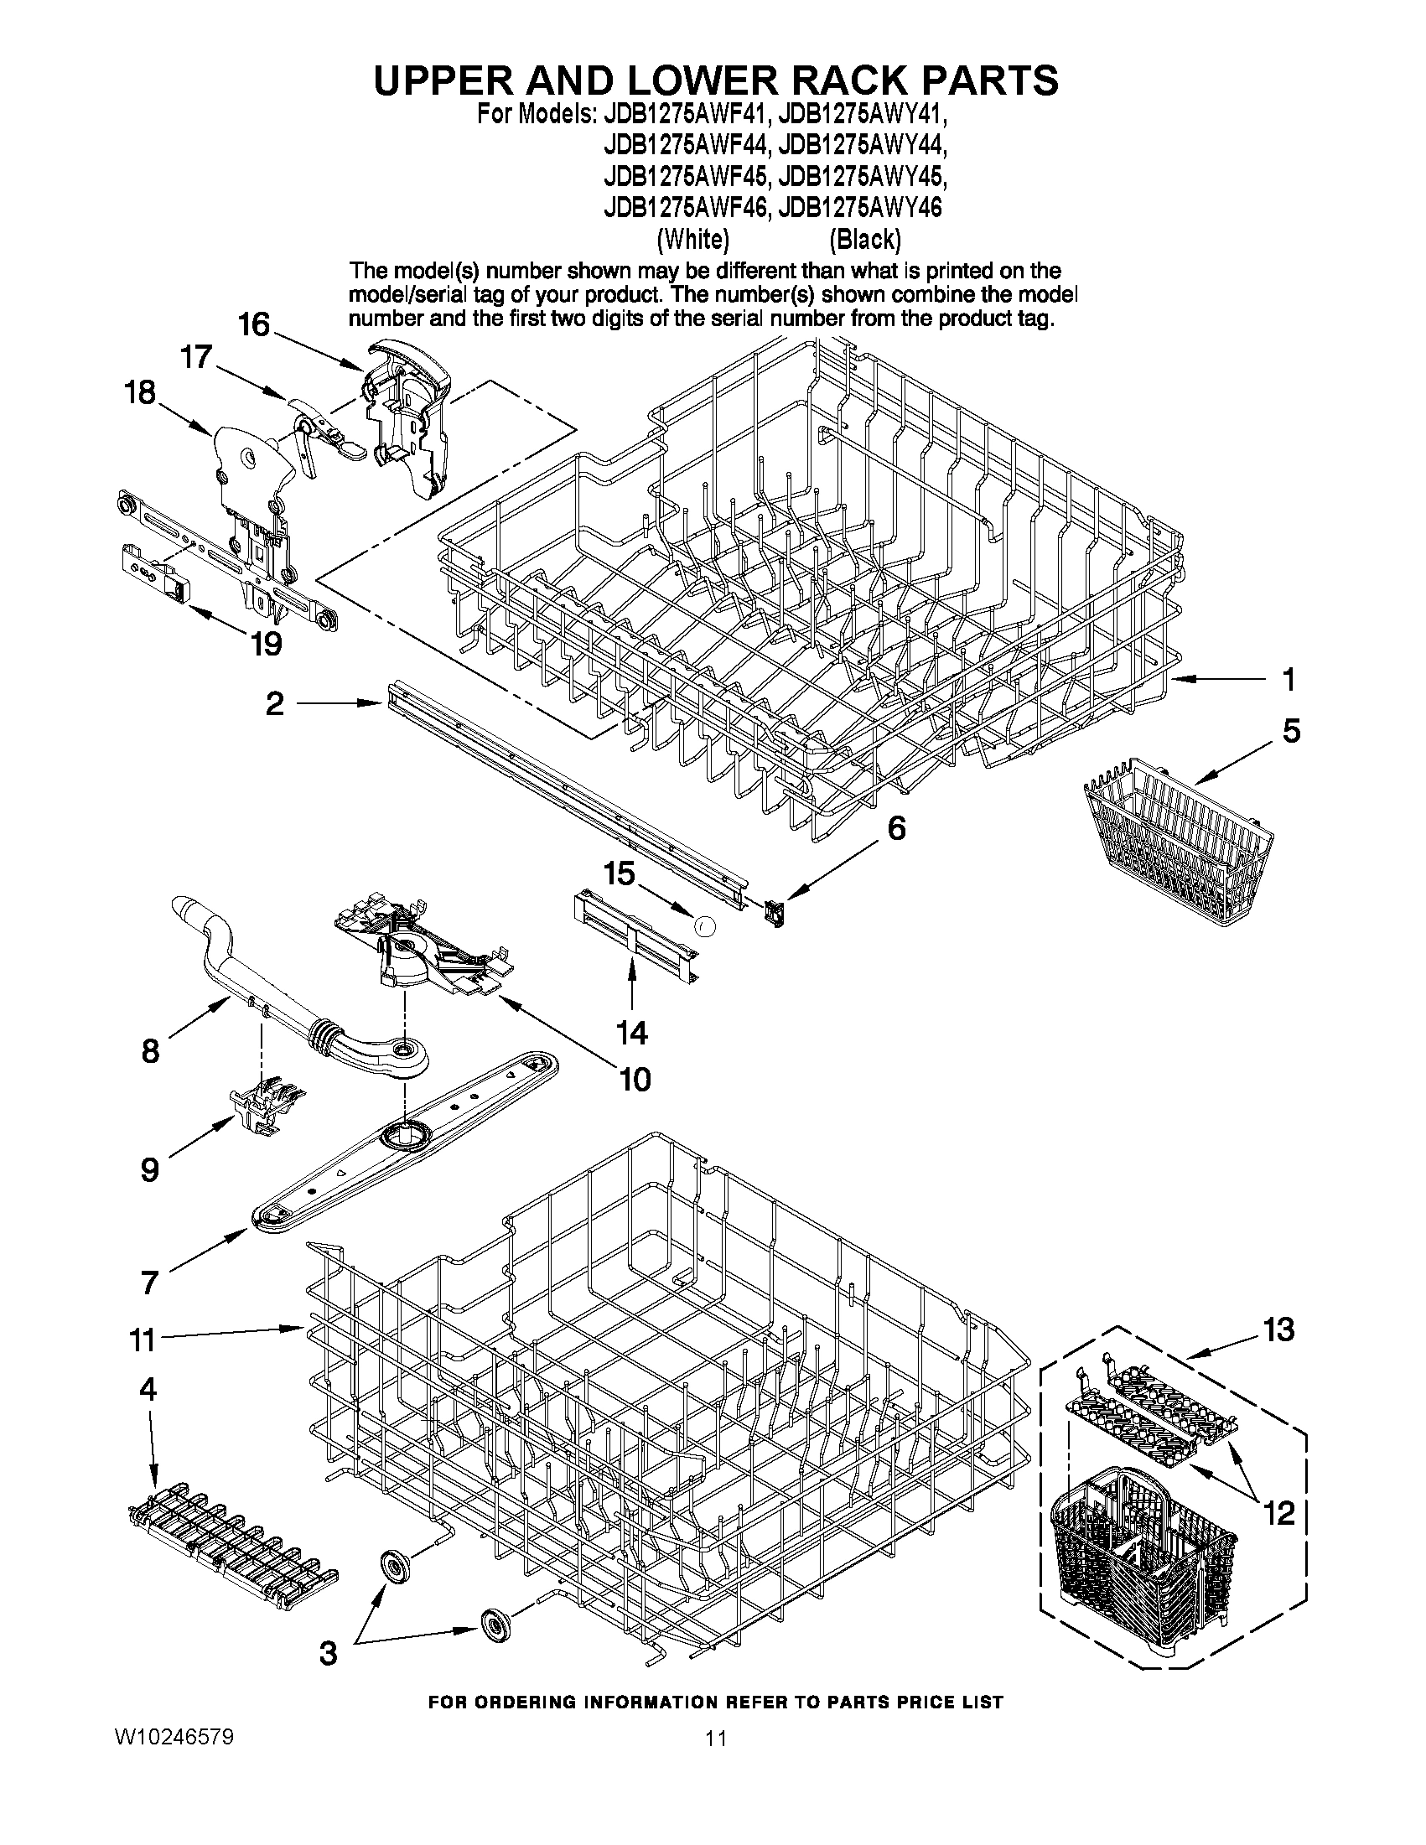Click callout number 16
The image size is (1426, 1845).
[253, 324]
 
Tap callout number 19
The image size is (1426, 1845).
[266, 645]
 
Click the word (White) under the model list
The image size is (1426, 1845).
[692, 240]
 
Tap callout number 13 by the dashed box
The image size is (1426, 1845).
[1278, 1329]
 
